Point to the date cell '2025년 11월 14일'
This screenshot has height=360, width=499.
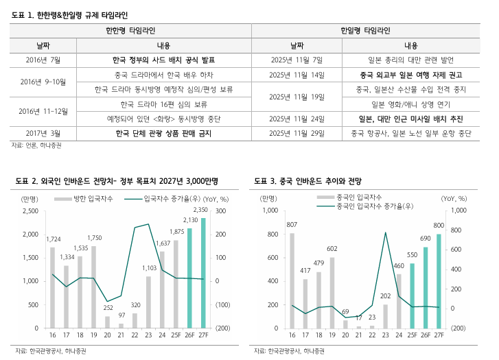(x=297, y=75)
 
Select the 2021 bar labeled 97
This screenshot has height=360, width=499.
(x=121, y=326)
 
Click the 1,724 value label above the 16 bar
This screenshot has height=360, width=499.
(x=53, y=239)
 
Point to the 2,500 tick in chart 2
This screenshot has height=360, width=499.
(x=30, y=211)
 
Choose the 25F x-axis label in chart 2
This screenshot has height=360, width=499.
(x=176, y=335)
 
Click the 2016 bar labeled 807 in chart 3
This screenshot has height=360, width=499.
(x=292, y=280)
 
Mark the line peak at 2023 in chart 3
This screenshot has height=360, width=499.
(x=386, y=232)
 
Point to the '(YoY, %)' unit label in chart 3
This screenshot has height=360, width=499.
(x=454, y=199)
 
